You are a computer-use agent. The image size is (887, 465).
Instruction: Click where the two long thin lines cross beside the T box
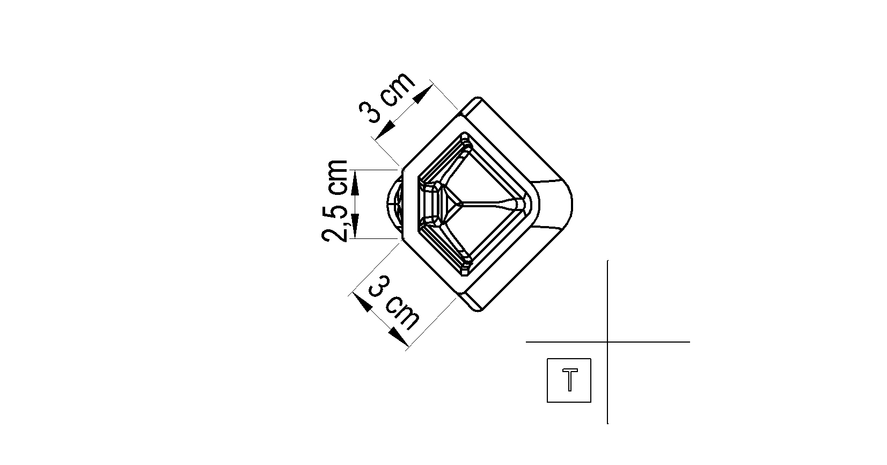607,342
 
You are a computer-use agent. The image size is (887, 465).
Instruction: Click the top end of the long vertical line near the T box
607,260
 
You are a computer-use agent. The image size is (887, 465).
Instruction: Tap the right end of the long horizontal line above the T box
690,342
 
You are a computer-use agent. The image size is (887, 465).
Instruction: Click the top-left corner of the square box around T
547,359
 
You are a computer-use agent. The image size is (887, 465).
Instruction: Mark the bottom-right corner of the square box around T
591,402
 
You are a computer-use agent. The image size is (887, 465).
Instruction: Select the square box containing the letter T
569,381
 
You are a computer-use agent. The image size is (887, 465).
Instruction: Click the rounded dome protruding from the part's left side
395,204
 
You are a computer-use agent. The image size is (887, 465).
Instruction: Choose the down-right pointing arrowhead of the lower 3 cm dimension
398,337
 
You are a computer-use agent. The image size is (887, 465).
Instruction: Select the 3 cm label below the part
393,303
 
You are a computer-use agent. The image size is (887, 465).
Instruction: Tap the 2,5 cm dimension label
335,201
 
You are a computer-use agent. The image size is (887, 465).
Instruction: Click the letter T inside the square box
570,380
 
